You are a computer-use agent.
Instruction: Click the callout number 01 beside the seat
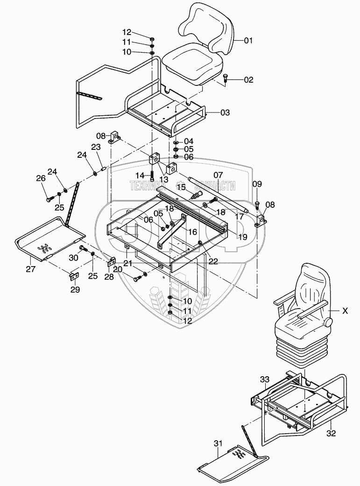pos(248,41)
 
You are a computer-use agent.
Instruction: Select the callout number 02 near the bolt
pos(248,80)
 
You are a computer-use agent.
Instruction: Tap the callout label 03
pos(225,113)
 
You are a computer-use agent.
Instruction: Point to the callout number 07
pos(218,175)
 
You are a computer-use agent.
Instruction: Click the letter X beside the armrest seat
pos(345,310)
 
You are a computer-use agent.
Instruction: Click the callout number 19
pos(242,237)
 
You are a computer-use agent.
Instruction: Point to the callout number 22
pos(213,261)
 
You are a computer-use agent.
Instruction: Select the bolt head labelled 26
pos(49,199)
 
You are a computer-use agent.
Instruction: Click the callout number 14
pos(139,175)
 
